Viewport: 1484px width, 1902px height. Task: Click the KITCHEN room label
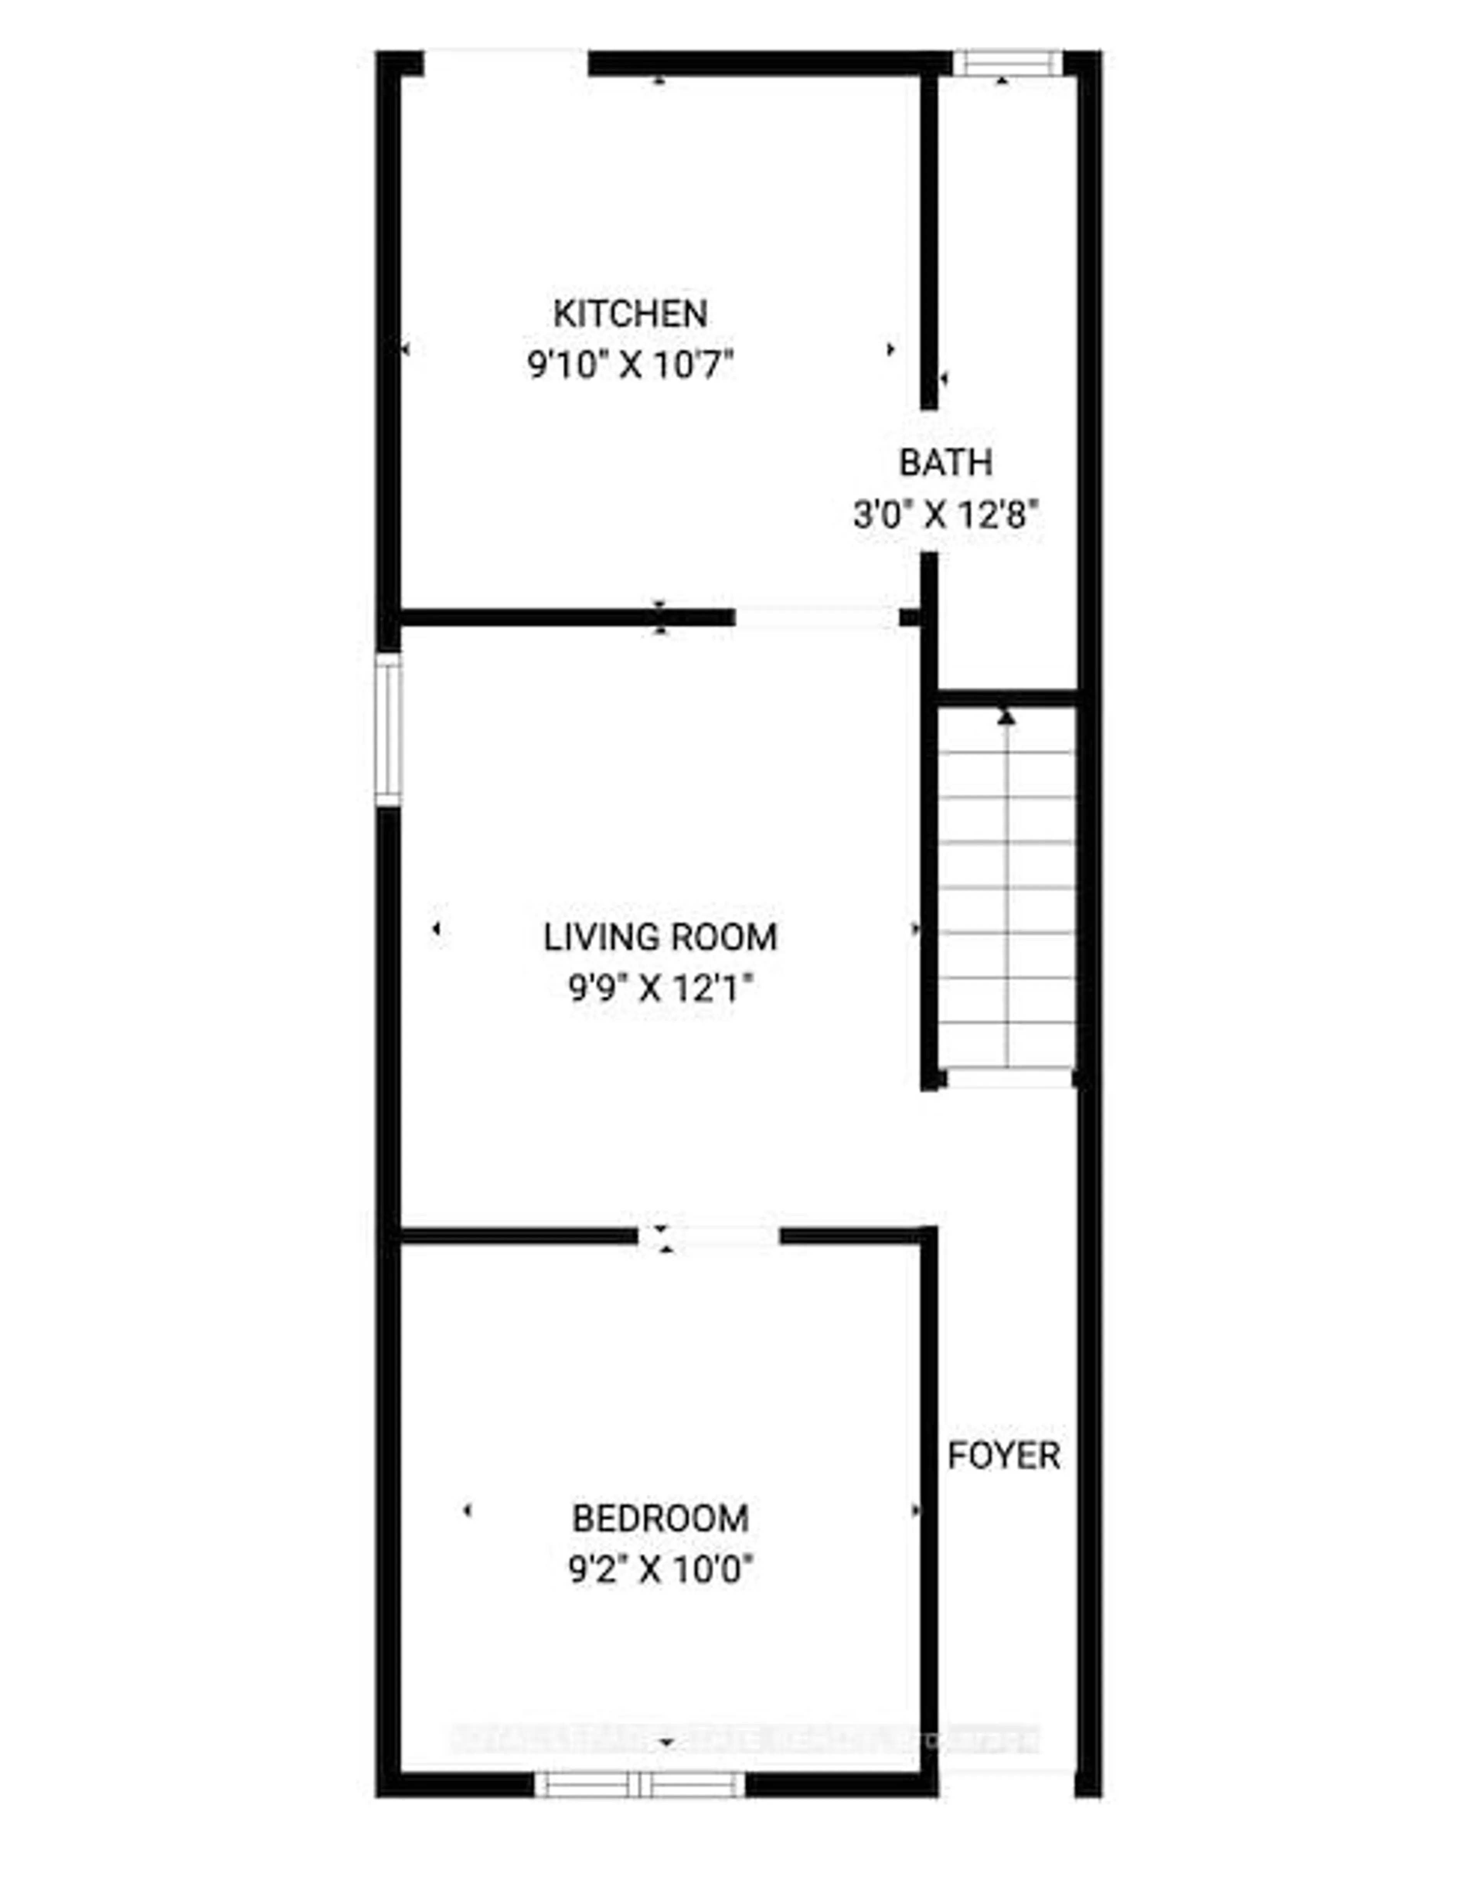pyautogui.click(x=630, y=313)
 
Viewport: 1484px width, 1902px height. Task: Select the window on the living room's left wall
pyautogui.click(x=388, y=730)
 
